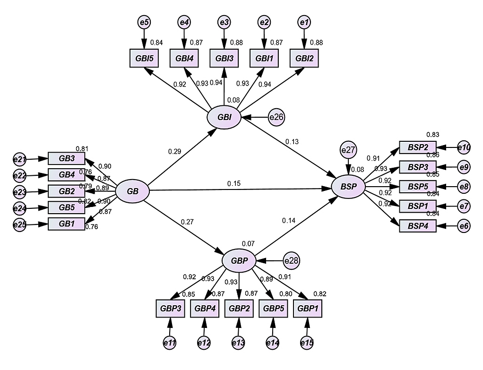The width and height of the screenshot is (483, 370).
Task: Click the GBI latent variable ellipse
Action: click(x=224, y=117)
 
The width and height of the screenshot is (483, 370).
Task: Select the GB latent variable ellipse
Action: click(x=133, y=191)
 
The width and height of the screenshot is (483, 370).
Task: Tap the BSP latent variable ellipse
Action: click(x=348, y=187)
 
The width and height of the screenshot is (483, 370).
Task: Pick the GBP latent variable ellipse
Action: click(x=239, y=260)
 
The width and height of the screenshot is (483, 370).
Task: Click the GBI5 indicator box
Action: click(x=143, y=59)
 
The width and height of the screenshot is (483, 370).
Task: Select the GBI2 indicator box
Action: click(x=303, y=59)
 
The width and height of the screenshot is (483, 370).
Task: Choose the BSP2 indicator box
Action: click(x=417, y=147)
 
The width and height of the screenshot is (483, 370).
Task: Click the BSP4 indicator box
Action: click(x=417, y=226)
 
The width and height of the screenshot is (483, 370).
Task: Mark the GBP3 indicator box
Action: click(x=169, y=309)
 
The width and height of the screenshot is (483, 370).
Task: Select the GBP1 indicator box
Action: click(x=308, y=309)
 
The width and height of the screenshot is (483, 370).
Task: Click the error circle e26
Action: click(x=276, y=117)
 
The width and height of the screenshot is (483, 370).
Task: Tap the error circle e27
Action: click(x=348, y=151)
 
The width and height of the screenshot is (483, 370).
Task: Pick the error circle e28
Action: click(x=292, y=260)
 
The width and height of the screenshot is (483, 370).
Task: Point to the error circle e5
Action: click(x=143, y=22)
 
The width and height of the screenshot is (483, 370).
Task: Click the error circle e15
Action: click(x=307, y=343)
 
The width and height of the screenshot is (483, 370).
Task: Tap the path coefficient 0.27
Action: click(x=187, y=221)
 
